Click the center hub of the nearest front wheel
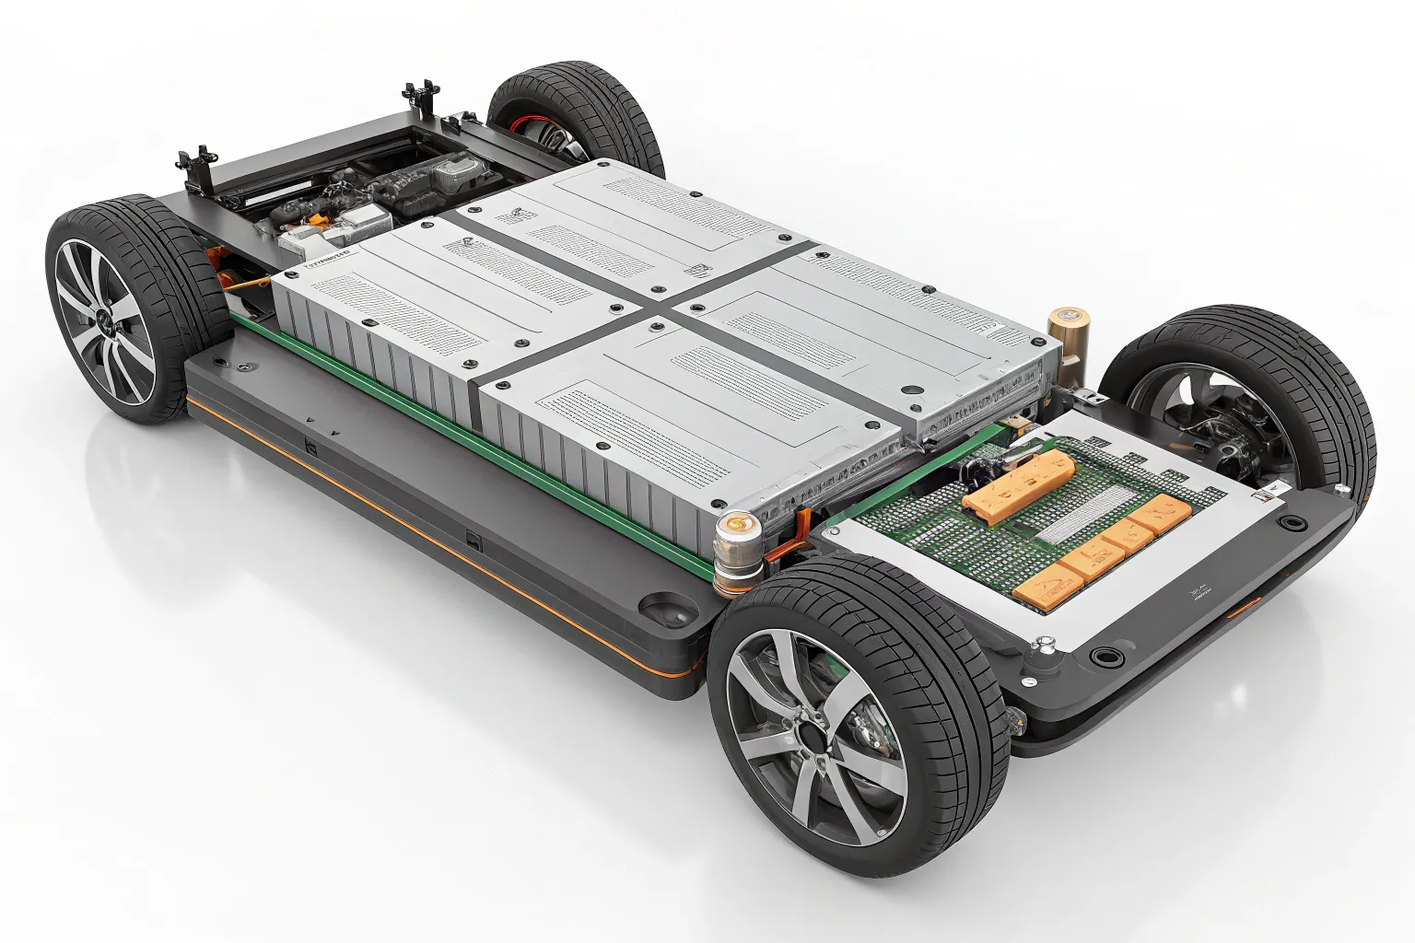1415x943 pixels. pos(810,734)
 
